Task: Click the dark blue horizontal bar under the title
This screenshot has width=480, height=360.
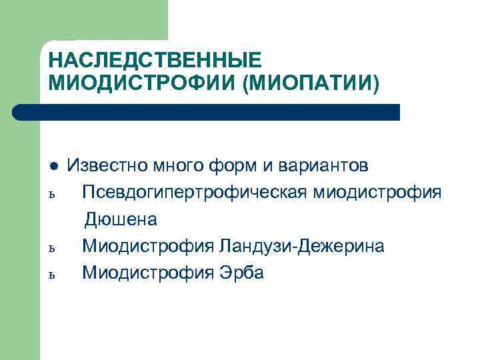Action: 207,112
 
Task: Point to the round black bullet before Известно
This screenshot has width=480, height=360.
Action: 53,165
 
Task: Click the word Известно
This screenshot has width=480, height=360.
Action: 109,165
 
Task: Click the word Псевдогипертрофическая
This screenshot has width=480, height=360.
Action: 194,193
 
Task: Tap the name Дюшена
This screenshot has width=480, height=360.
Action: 121,219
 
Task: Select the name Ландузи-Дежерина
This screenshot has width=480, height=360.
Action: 300,246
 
